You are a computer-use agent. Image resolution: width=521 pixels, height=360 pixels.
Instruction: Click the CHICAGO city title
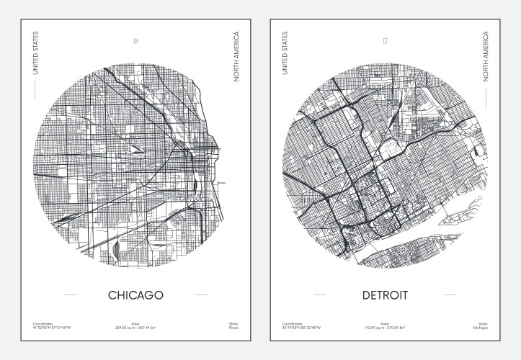coord(135,295)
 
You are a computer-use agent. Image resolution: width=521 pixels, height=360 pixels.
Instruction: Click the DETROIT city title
coord(385,295)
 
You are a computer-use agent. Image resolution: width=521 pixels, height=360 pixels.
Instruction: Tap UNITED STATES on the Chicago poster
coord(35,53)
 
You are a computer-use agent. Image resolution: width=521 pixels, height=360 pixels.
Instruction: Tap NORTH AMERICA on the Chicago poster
coord(236,55)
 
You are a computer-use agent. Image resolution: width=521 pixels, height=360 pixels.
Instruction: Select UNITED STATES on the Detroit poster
coord(285,53)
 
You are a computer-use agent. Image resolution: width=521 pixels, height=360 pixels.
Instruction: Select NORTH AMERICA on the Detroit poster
coord(486,55)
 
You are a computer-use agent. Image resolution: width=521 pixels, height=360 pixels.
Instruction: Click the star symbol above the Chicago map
coord(135,41)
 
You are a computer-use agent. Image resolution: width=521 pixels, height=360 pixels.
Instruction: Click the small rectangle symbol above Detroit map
coord(386,41)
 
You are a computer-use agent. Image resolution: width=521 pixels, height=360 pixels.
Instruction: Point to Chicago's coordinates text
coord(52,328)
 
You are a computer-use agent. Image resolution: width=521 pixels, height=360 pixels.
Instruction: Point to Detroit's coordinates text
coord(301,328)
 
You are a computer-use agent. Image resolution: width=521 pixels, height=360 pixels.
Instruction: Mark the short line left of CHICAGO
coord(70,295)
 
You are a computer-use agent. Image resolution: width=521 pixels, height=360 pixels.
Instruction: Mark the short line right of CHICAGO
coord(201,295)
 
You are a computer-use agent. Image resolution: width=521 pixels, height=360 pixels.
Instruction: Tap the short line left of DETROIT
coord(319,295)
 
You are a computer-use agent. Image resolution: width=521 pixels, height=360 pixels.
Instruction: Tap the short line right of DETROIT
coord(450,295)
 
